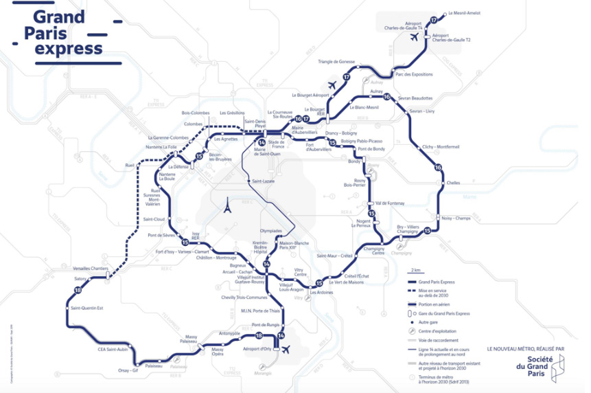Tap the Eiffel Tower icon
(224, 205)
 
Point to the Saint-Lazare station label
(262, 180)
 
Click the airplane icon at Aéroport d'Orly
(288, 349)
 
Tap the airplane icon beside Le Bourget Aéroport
(333, 85)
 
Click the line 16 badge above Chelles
(438, 168)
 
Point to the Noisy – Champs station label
(457, 218)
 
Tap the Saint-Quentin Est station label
(86, 308)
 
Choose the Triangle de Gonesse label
(336, 62)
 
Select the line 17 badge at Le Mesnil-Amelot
(433, 20)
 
